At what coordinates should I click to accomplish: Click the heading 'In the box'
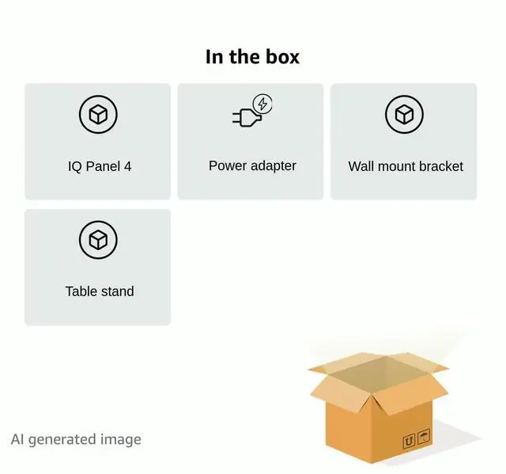point(252,57)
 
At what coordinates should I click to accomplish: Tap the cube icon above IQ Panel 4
point(98,116)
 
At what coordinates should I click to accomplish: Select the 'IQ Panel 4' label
point(100,166)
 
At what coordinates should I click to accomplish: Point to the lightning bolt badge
point(262,104)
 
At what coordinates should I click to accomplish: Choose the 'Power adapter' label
point(252,165)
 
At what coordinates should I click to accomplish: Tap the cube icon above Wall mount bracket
point(404,116)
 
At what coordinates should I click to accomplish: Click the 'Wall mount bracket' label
point(406,166)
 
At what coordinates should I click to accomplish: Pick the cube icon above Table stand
point(98,240)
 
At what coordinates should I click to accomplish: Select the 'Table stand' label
point(100,291)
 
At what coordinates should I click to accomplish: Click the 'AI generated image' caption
point(76,439)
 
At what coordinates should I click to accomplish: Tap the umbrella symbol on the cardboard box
point(424,437)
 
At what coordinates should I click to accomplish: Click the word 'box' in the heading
point(283,57)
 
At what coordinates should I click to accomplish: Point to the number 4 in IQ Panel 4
point(127,166)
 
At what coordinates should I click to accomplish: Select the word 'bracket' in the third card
point(439,166)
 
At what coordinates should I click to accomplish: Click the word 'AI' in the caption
point(17,439)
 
